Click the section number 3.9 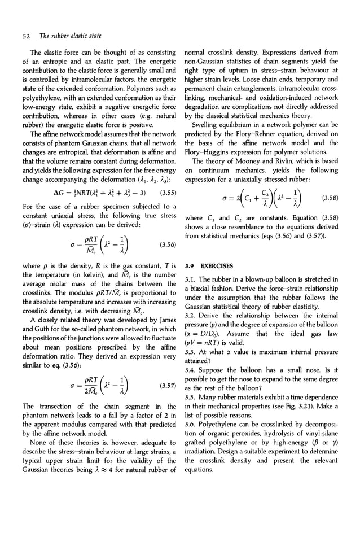pos(191,264)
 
